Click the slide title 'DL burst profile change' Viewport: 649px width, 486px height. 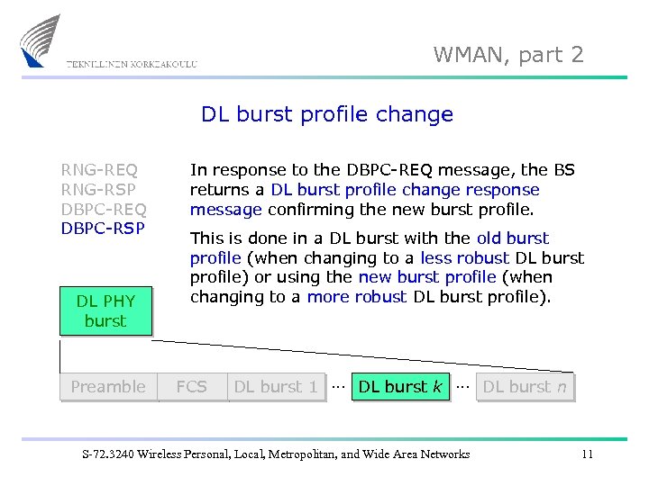tap(326, 114)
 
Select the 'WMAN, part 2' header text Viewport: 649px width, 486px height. tap(508, 55)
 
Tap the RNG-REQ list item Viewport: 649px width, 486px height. tap(99, 169)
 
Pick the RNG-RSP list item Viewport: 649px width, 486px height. tap(99, 189)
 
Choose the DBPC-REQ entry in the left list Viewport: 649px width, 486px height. tap(104, 209)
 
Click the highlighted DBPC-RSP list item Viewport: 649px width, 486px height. tap(103, 229)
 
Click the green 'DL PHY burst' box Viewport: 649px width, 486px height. tap(105, 310)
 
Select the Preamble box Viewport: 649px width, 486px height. tap(108, 387)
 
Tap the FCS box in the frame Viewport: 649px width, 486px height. tap(191, 387)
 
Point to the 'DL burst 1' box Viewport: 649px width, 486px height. tap(276, 387)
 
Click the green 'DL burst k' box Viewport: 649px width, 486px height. tap(399, 387)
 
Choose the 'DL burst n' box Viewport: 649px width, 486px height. tap(525, 387)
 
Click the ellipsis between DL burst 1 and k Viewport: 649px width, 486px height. tap(337, 385)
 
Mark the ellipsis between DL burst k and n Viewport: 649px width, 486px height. tap(462, 385)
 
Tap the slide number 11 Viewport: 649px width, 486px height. tap(587, 454)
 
